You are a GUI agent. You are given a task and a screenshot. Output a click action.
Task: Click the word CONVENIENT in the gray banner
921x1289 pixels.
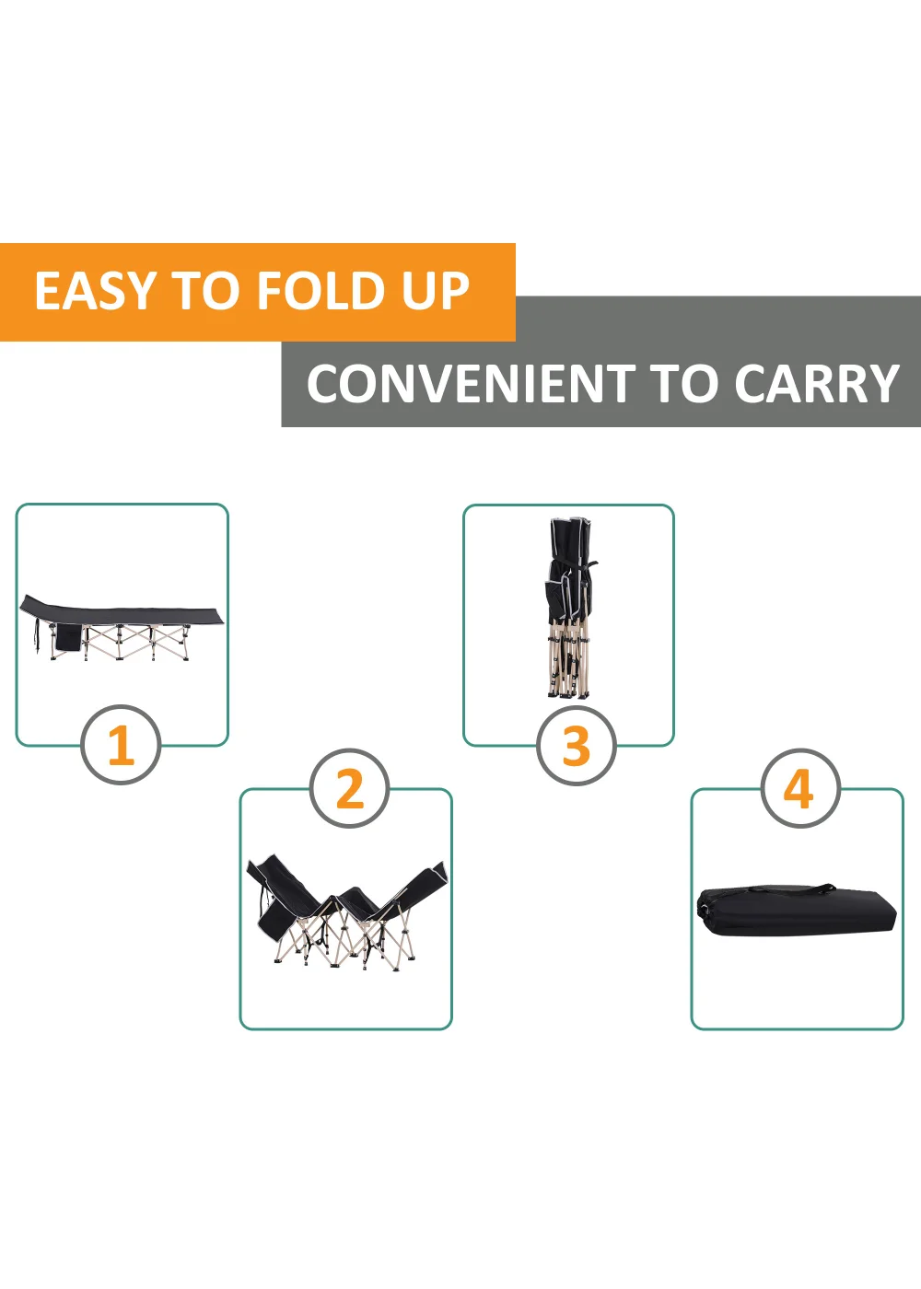[x=470, y=384]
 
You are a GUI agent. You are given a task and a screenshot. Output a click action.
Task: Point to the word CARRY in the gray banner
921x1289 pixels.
[x=816, y=384]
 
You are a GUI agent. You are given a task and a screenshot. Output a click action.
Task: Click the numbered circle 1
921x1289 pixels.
[x=121, y=745]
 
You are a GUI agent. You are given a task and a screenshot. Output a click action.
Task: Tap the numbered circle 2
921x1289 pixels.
[x=349, y=789]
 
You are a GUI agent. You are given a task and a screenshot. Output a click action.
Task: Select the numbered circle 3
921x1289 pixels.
[x=576, y=745]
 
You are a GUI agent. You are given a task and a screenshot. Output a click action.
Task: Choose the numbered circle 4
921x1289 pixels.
[x=799, y=789]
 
